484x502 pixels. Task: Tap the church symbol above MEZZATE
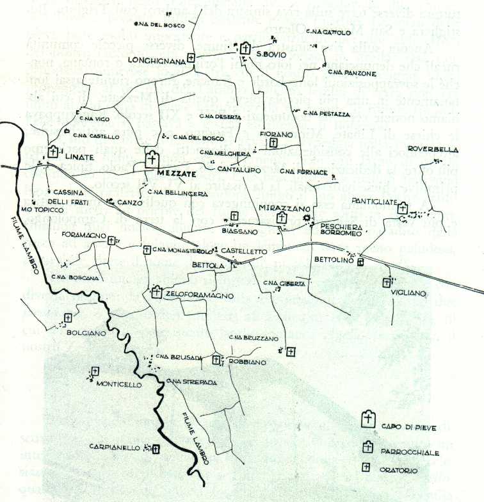(x=152, y=158)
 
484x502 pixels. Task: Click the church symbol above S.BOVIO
(x=245, y=48)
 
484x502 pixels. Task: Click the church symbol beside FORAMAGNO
(x=113, y=241)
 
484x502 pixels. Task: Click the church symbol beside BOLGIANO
(x=68, y=318)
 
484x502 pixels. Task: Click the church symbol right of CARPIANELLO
(x=155, y=448)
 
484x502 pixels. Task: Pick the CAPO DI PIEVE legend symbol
(x=367, y=419)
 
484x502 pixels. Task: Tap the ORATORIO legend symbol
(x=367, y=467)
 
